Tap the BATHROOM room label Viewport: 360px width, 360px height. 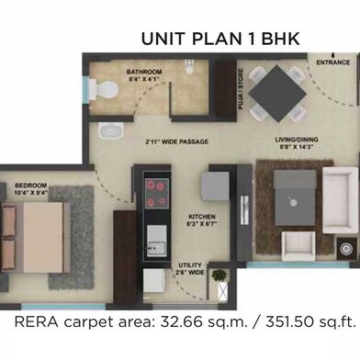(x=144, y=72)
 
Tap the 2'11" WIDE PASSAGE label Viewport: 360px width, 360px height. (x=176, y=141)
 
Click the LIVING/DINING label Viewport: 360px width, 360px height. (x=296, y=140)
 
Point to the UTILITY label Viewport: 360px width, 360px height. (x=190, y=266)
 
